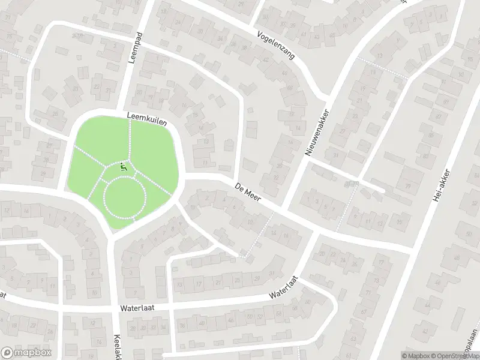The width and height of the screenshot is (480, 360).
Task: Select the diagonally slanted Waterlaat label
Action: point(284,287)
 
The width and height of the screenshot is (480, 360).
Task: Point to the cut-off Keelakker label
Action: point(118,345)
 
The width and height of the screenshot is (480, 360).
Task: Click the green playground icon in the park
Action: point(124,167)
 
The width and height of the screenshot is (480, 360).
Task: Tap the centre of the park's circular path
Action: point(125,198)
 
